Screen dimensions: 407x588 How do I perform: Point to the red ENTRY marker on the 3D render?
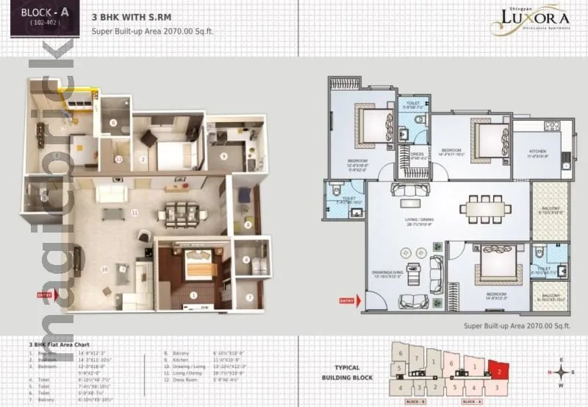click(44, 295)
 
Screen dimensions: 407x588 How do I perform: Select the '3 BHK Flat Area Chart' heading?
click(60, 344)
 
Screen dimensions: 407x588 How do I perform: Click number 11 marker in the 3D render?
click(135, 213)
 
